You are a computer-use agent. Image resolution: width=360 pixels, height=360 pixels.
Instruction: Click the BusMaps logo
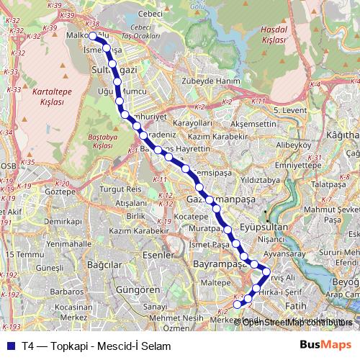326,346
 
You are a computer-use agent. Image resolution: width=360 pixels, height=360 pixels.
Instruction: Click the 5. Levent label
292,110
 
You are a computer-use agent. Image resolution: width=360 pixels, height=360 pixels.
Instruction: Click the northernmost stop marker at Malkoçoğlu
92,35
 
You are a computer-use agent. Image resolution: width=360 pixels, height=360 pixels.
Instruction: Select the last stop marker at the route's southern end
238,305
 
